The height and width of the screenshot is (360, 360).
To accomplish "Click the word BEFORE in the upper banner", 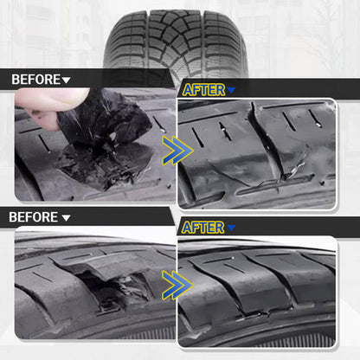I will tap(35, 80).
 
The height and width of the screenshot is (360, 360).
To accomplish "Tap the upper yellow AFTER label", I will tap(203, 89).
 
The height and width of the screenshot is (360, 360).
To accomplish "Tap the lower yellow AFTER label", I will tap(203, 227).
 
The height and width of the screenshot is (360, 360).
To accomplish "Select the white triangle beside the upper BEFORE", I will tap(67, 80).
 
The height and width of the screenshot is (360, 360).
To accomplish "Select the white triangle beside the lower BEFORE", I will tap(67, 217).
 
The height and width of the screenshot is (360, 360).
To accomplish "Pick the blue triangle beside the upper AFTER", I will tap(232, 90).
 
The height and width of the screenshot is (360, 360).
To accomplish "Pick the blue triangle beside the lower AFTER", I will tap(232, 228).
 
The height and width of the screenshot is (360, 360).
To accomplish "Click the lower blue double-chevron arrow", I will tap(176, 285).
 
